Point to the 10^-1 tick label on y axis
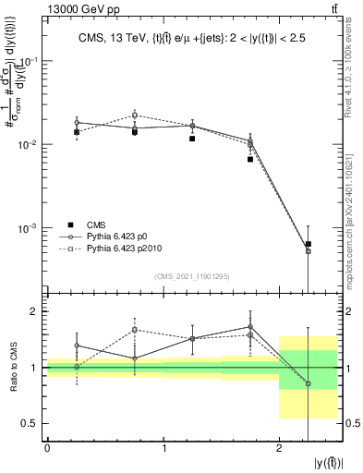[29, 61]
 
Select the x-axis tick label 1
[163, 448]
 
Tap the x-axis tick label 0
[46, 448]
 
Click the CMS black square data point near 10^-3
[308, 244]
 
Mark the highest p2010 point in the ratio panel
[135, 329]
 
